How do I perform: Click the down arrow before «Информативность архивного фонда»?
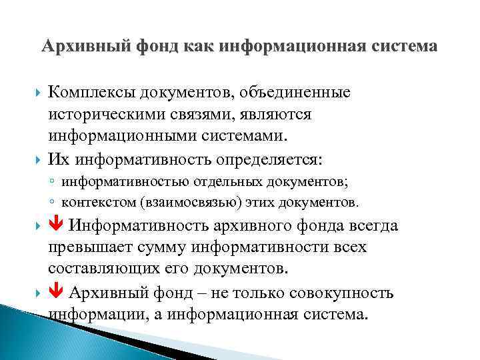pos(55,225)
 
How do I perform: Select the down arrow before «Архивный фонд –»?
pos(55,292)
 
